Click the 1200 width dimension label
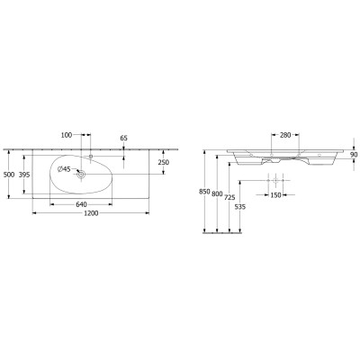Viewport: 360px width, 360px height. click(91, 213)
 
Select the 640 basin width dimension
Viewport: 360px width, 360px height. click(81, 204)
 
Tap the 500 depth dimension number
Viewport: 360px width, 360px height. click(9, 175)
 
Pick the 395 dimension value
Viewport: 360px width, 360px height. click(24, 175)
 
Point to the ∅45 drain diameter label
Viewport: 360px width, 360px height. click(64, 169)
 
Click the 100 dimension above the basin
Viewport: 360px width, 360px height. click(67, 135)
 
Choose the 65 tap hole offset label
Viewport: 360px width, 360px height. click(124, 138)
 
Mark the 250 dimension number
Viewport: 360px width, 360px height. click(163, 162)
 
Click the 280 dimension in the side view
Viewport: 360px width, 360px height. click(285, 135)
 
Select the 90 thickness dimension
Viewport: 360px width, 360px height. click(354, 155)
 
